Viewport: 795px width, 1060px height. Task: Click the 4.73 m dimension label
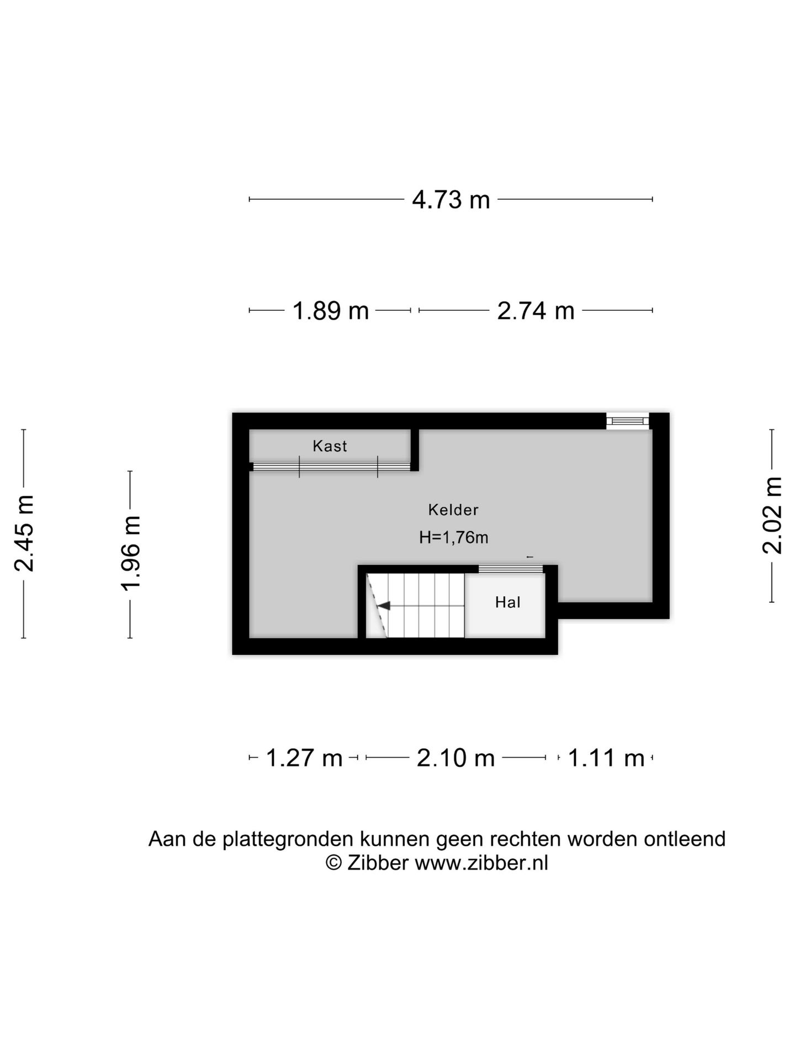coord(451,199)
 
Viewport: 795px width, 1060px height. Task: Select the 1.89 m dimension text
coord(330,311)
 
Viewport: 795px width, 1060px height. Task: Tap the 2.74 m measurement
coord(536,311)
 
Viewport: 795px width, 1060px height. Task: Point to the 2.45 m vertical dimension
coord(25,533)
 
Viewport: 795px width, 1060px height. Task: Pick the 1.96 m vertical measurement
coord(131,553)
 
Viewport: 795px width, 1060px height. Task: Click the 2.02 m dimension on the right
coord(772,515)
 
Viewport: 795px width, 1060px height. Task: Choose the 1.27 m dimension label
coord(304,758)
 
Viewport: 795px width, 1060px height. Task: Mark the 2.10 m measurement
coord(455,758)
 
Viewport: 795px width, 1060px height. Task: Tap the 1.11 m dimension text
coord(606,758)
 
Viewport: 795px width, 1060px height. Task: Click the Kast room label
coord(330,446)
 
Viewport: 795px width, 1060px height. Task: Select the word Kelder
coord(453,510)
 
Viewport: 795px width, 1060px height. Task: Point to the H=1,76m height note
coord(453,537)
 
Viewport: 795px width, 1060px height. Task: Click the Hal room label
coord(507,602)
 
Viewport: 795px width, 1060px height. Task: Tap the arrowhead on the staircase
coord(383,606)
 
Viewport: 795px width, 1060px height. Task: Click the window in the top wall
coord(628,421)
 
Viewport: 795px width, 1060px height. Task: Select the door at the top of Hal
coord(510,569)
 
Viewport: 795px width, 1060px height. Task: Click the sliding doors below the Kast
coord(331,467)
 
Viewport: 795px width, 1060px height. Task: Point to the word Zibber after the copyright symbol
coord(378,863)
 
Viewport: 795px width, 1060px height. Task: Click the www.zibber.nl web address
coord(481,863)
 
